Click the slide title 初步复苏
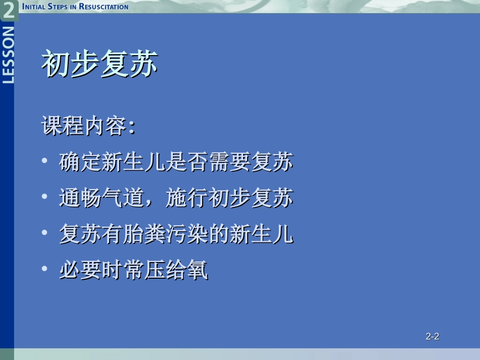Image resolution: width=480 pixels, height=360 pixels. click(99, 64)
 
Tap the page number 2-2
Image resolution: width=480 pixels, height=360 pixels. click(433, 336)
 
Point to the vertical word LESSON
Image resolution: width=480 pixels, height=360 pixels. click(9, 54)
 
